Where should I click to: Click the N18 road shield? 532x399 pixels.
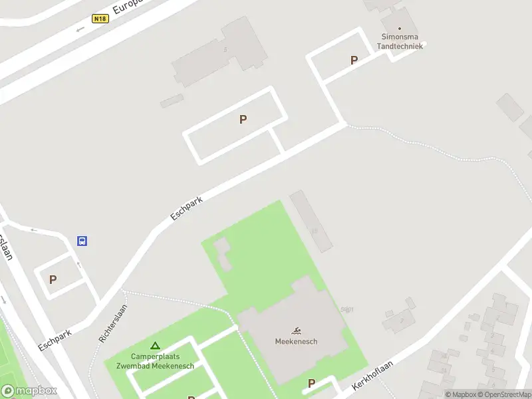[x=100, y=19]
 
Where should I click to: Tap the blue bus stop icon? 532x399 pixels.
[x=82, y=241]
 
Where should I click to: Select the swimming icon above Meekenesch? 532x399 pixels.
[x=296, y=331]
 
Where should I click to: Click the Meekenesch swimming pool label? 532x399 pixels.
[x=296, y=342]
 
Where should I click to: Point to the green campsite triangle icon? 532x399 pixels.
[x=155, y=346]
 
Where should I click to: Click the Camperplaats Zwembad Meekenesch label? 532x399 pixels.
[x=155, y=361]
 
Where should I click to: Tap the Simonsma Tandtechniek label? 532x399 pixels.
[x=400, y=41]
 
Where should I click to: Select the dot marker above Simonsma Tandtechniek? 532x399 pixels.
[x=400, y=29]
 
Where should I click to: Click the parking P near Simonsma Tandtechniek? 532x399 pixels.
[x=354, y=61]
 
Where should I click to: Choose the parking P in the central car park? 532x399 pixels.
[x=243, y=120]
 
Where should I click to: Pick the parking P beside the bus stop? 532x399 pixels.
[x=53, y=280]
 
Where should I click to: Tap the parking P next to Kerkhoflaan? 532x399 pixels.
[x=311, y=384]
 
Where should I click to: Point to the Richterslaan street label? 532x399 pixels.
[x=112, y=323]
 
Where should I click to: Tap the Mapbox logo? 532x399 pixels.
[x=29, y=390]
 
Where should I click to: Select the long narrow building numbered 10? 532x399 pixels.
[x=311, y=221]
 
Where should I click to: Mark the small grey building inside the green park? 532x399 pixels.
[x=222, y=253]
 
